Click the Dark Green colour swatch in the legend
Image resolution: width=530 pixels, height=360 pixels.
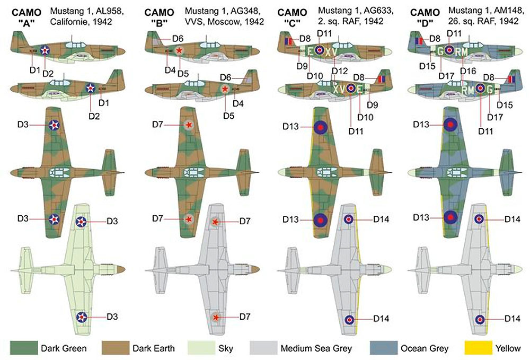click(24, 348)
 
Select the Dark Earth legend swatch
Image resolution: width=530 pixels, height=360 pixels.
click(115, 348)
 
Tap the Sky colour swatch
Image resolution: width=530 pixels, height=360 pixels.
click(201, 348)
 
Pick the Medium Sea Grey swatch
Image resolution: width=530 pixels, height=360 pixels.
click(263, 348)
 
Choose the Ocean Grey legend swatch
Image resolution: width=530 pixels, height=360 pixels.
click(384, 348)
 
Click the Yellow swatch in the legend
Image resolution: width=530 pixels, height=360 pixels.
click(478, 348)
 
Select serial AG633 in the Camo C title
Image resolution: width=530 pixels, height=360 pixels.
click(379, 11)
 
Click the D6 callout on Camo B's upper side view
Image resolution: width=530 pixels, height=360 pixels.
click(178, 39)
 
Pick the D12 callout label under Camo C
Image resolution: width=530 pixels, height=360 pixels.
click(340, 72)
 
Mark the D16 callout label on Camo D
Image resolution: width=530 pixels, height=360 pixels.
click(468, 71)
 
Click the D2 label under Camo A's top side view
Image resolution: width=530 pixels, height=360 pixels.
click(48, 74)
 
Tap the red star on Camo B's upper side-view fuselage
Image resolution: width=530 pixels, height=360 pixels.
click(180, 50)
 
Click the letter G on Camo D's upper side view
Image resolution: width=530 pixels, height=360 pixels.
click(440, 51)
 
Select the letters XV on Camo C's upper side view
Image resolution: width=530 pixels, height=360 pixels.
click(331, 51)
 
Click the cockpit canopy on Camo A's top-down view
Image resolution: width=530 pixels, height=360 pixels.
click(60, 173)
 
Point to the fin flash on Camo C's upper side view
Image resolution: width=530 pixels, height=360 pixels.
click(288, 41)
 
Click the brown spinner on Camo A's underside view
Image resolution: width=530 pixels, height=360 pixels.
click(121, 269)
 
